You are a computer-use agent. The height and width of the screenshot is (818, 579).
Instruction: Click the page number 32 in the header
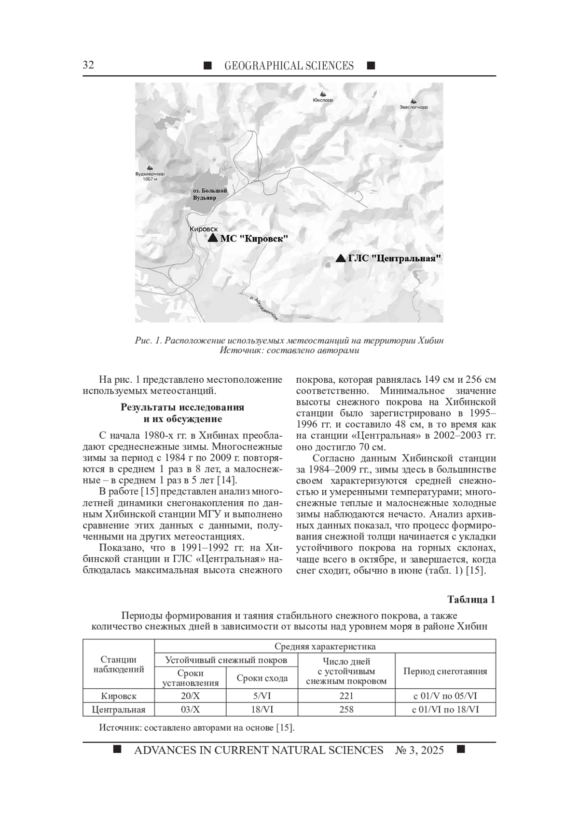(88, 66)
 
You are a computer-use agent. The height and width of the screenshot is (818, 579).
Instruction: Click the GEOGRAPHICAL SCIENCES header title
(289, 66)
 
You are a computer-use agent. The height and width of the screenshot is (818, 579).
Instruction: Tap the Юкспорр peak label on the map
(323, 101)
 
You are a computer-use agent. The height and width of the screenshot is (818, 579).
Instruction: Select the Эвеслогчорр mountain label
(414, 107)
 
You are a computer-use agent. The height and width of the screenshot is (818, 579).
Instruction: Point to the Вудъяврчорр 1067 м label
(150, 176)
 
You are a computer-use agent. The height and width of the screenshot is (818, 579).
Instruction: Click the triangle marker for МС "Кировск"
(213, 238)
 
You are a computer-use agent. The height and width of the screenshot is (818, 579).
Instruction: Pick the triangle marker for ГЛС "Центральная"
(341, 258)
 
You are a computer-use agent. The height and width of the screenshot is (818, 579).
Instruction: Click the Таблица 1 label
(471, 600)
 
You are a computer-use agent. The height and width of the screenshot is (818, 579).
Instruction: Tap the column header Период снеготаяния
(445, 671)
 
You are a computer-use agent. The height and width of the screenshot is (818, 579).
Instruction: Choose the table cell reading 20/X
(190, 696)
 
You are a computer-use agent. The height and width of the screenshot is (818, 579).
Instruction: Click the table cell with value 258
(346, 710)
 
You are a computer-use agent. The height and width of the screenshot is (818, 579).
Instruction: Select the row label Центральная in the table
(119, 710)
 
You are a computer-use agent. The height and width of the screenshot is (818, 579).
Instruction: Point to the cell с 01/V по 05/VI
(445, 696)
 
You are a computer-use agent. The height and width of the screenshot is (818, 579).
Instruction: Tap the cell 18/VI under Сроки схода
(262, 710)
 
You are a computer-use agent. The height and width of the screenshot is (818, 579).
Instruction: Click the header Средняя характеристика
(325, 646)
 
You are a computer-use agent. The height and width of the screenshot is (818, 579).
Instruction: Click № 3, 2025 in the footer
(419, 751)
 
